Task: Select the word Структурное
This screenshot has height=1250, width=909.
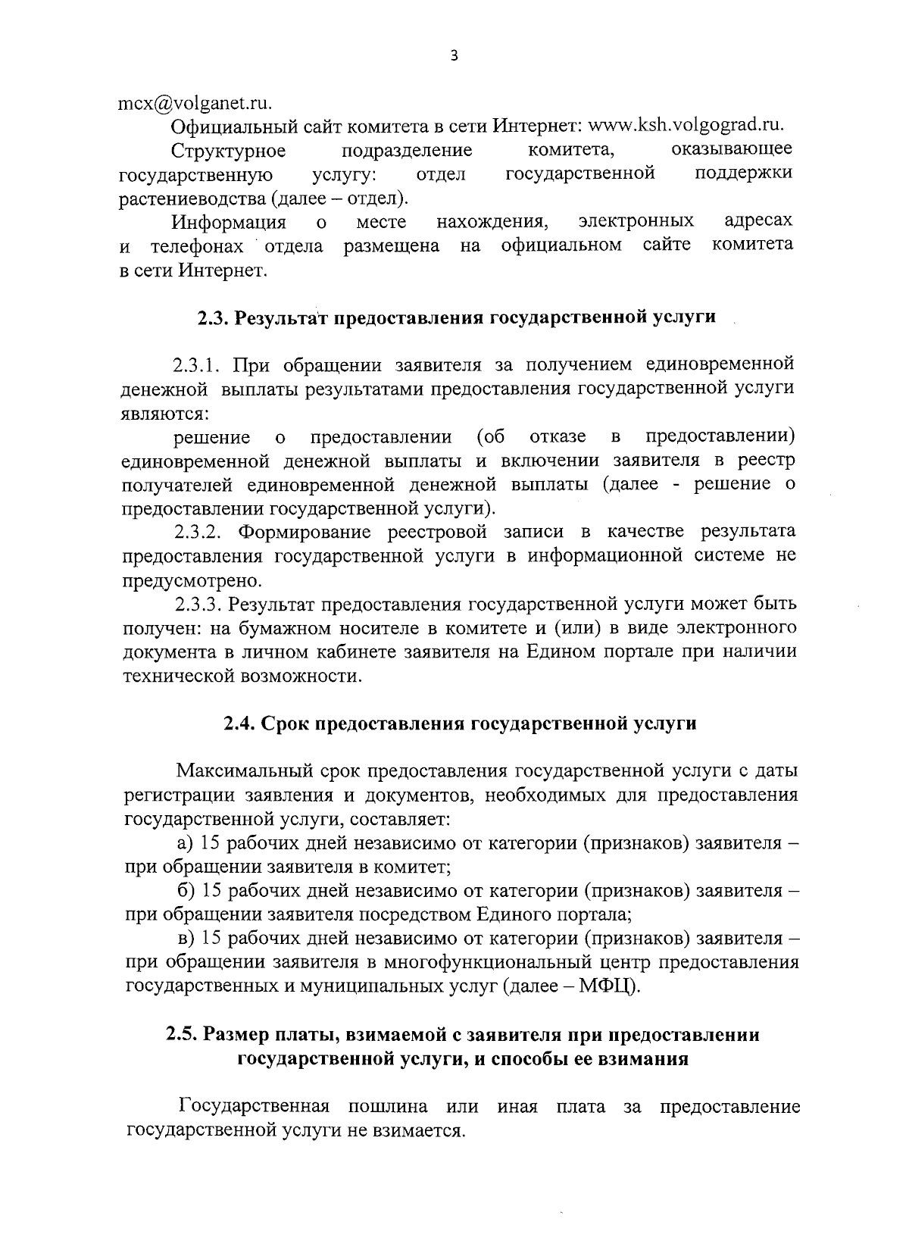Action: [x=229, y=151]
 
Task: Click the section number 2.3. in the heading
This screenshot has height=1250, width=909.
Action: [x=214, y=317]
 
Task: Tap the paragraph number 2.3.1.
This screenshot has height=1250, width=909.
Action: [x=198, y=366]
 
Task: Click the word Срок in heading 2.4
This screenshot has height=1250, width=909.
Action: [x=284, y=723]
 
